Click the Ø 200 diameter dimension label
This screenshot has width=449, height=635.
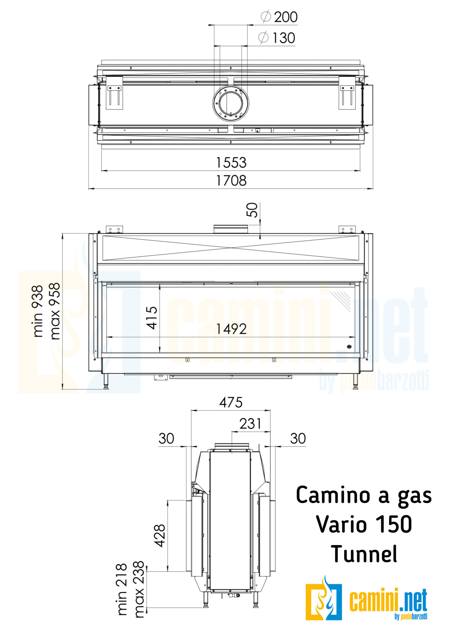[x=279, y=17]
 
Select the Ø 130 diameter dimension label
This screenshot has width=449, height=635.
[x=276, y=38]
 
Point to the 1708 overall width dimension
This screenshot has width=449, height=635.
[x=231, y=181]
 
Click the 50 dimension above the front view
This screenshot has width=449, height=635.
[x=252, y=210]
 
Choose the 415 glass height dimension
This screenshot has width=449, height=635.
[x=152, y=318]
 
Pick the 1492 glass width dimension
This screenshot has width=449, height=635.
[x=231, y=329]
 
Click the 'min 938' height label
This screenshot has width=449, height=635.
[x=38, y=311]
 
